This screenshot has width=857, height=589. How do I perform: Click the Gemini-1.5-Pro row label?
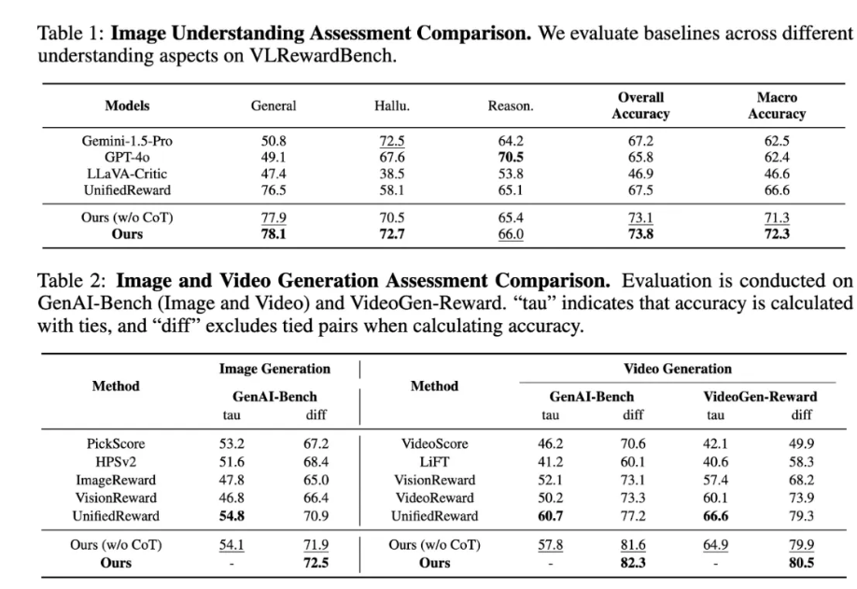pyautogui.click(x=127, y=141)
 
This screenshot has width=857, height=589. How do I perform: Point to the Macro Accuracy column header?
pyautogui.click(x=777, y=105)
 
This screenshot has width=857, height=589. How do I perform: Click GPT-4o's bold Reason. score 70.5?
pyautogui.click(x=511, y=156)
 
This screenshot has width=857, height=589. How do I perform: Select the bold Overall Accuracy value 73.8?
pyautogui.click(x=641, y=232)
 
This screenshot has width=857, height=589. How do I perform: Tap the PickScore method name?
pyautogui.click(x=116, y=442)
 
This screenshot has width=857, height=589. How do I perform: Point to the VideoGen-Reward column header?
pyautogui.click(x=760, y=396)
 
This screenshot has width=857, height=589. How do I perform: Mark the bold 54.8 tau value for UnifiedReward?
pyautogui.click(x=233, y=515)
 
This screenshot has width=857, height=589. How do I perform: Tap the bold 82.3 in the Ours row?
pyautogui.click(x=634, y=562)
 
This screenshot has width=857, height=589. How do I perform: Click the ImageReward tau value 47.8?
pyautogui.click(x=233, y=479)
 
